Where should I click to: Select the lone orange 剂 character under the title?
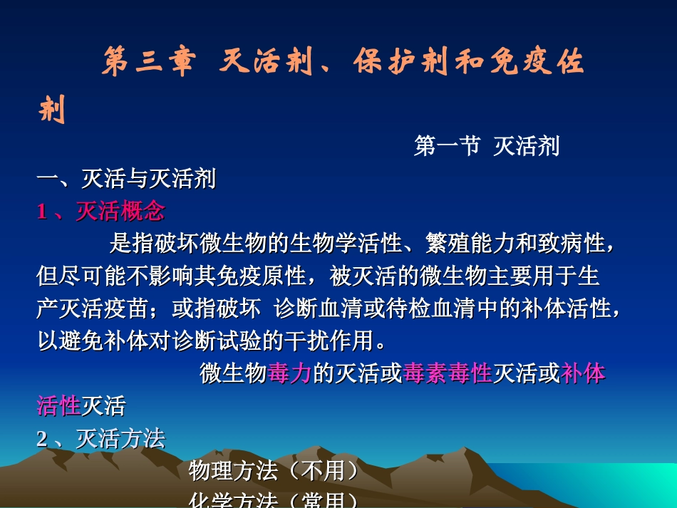coord(51,110)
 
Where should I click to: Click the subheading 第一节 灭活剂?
coord(487,146)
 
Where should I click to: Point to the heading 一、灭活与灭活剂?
coord(126,179)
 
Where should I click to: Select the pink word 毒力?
coord(290,373)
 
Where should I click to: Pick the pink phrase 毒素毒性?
coord(448,373)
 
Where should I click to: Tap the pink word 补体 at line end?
coord(583,373)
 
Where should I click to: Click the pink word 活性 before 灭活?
coord(58,406)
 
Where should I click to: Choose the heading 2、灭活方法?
coord(100,439)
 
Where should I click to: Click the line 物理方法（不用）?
coord(273,471)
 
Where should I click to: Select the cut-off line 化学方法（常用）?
coord(273,500)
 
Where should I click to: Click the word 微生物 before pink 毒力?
coord(233,373)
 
